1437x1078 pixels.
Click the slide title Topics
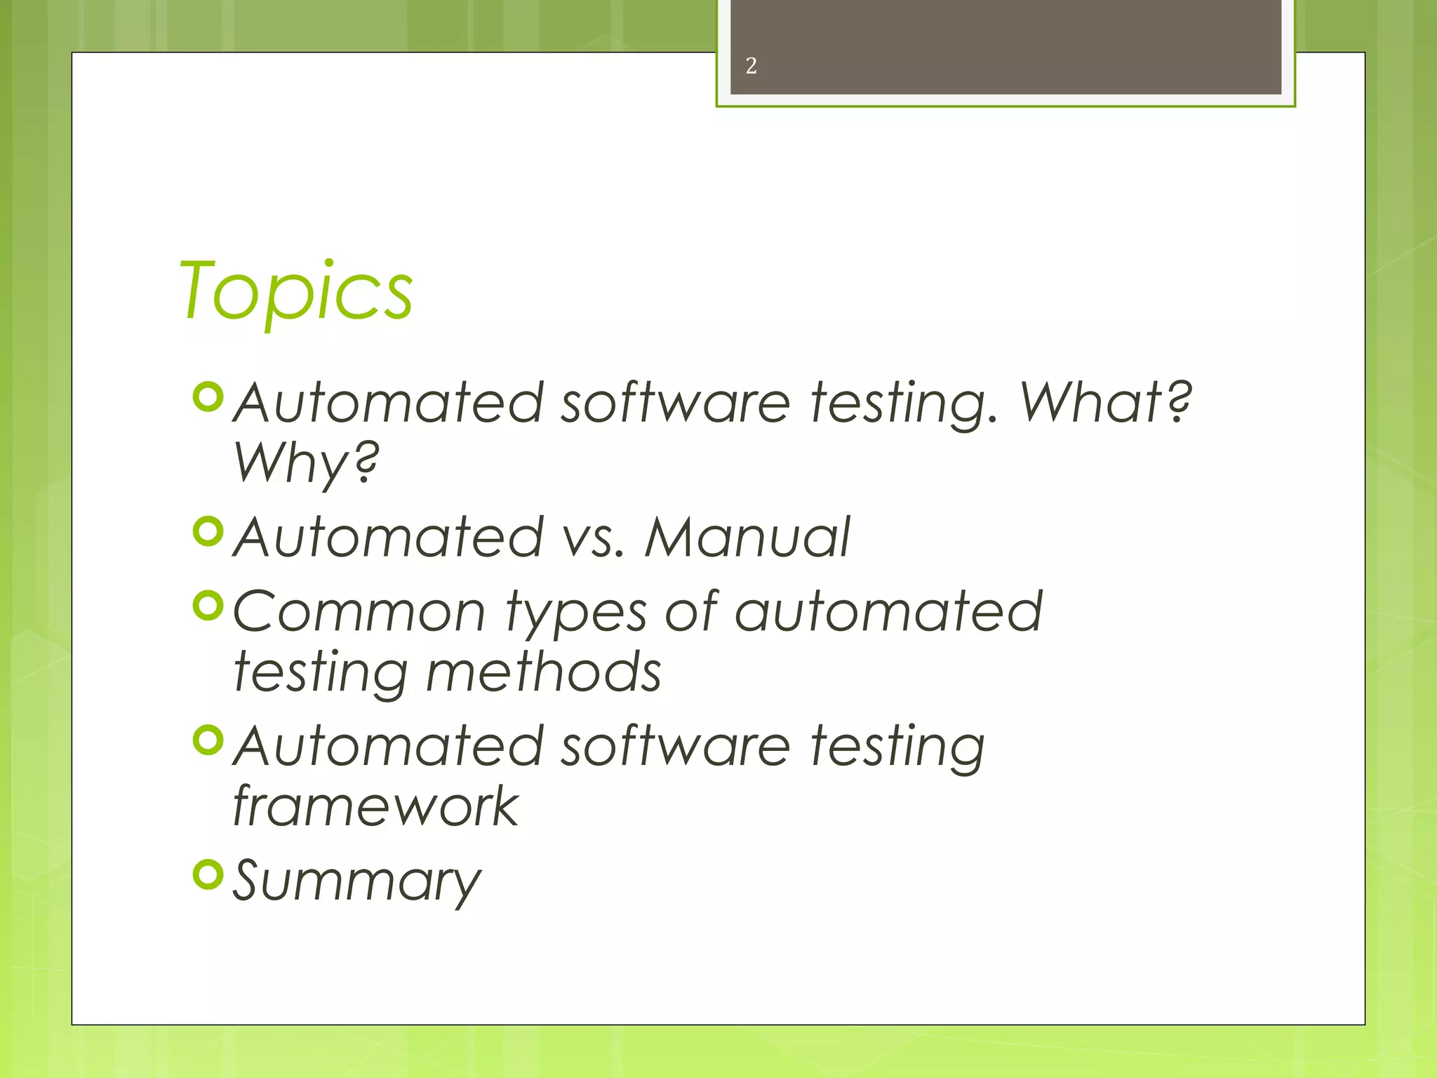(296, 291)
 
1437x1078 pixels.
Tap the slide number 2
(751, 66)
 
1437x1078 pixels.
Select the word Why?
(306, 463)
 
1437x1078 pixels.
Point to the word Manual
(747, 537)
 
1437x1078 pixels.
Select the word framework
(375, 806)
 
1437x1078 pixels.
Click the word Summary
(356, 881)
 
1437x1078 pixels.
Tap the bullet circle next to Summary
(208, 874)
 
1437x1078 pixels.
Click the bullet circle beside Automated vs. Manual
(208, 531)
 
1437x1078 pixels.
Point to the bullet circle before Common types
(208, 606)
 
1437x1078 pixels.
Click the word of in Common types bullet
(691, 610)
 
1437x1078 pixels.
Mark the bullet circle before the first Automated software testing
(208, 397)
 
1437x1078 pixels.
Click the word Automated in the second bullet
(388, 537)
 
